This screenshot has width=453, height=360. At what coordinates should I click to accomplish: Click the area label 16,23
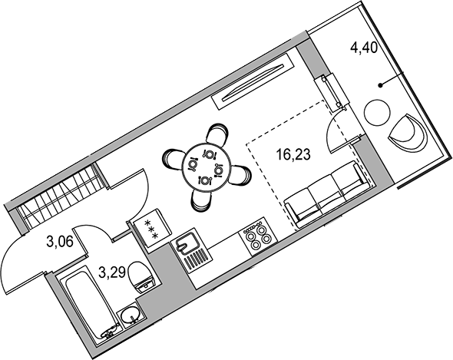tap(293, 154)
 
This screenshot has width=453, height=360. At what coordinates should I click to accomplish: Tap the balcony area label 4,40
tap(364, 48)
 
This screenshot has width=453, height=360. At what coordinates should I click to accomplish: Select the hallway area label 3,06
tap(59, 242)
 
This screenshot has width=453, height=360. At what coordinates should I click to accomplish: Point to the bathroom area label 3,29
tap(112, 272)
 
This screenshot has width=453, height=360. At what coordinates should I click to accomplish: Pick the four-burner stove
tap(258, 236)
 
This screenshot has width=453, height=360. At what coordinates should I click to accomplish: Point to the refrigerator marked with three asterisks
tap(152, 228)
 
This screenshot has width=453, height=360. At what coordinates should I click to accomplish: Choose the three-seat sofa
tap(327, 194)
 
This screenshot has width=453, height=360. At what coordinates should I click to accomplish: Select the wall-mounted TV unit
tap(252, 81)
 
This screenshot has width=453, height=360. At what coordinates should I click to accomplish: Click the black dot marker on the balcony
tap(381, 85)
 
